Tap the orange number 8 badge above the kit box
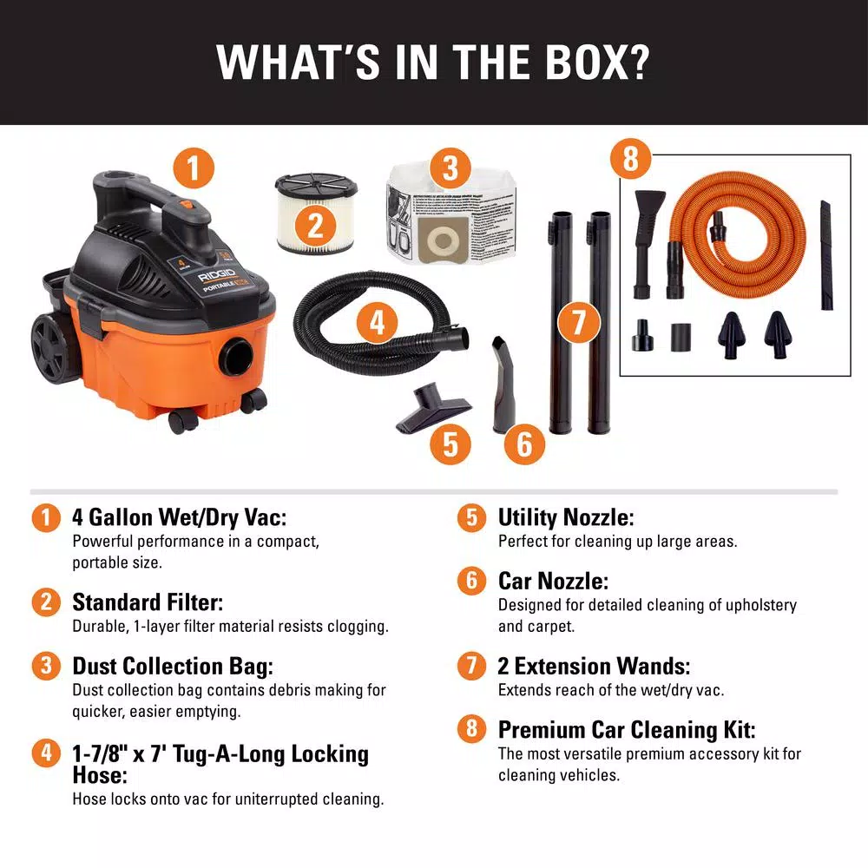tap(631, 161)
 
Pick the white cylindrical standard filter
tap(315, 213)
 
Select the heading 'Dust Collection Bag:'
tap(173, 667)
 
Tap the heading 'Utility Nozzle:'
tap(566, 518)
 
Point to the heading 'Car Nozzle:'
tap(553, 580)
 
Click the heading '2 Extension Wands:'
tap(594, 667)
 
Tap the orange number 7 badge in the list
tap(471, 666)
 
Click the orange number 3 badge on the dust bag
tap(450, 168)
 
